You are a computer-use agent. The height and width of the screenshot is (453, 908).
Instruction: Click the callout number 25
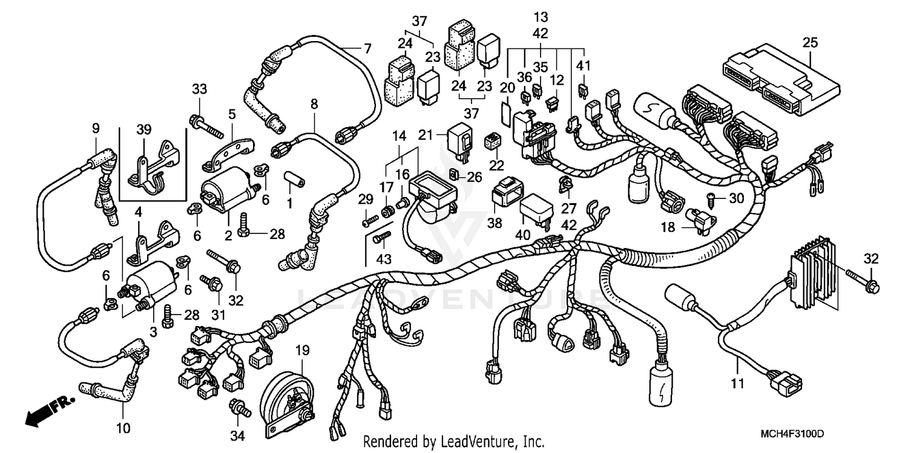pyautogui.click(x=810, y=43)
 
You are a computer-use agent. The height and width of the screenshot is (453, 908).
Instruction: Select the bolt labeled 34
pyautogui.click(x=240, y=409)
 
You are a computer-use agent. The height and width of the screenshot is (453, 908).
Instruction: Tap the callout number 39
pyautogui.click(x=144, y=129)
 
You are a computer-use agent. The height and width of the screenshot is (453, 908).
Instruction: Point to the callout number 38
pyautogui.click(x=495, y=223)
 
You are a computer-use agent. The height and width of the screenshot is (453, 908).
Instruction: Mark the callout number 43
pyautogui.click(x=384, y=259)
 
